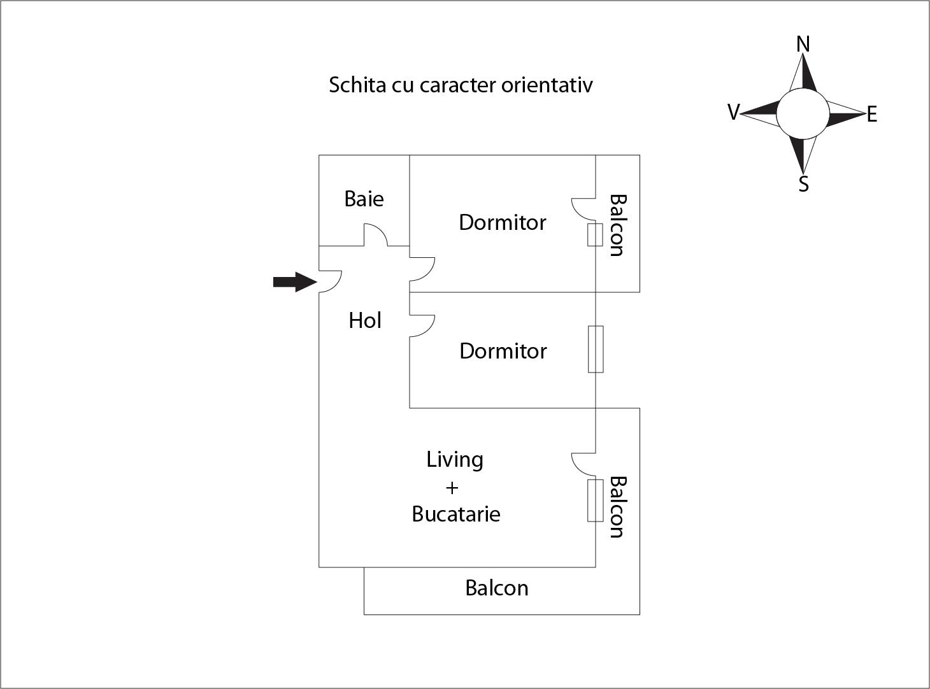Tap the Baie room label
click(364, 199)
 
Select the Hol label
click(365, 320)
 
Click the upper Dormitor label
click(503, 222)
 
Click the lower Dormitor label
click(503, 351)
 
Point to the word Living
click(455, 460)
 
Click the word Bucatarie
click(456, 514)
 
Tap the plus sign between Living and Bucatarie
click(452, 488)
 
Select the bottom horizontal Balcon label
click(497, 588)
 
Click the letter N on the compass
click(803, 45)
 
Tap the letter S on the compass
click(804, 184)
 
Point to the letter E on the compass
click(872, 115)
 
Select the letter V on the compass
click(733, 113)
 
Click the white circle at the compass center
click(803, 113)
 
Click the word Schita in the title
click(357, 85)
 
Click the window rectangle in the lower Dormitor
click(596, 349)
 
